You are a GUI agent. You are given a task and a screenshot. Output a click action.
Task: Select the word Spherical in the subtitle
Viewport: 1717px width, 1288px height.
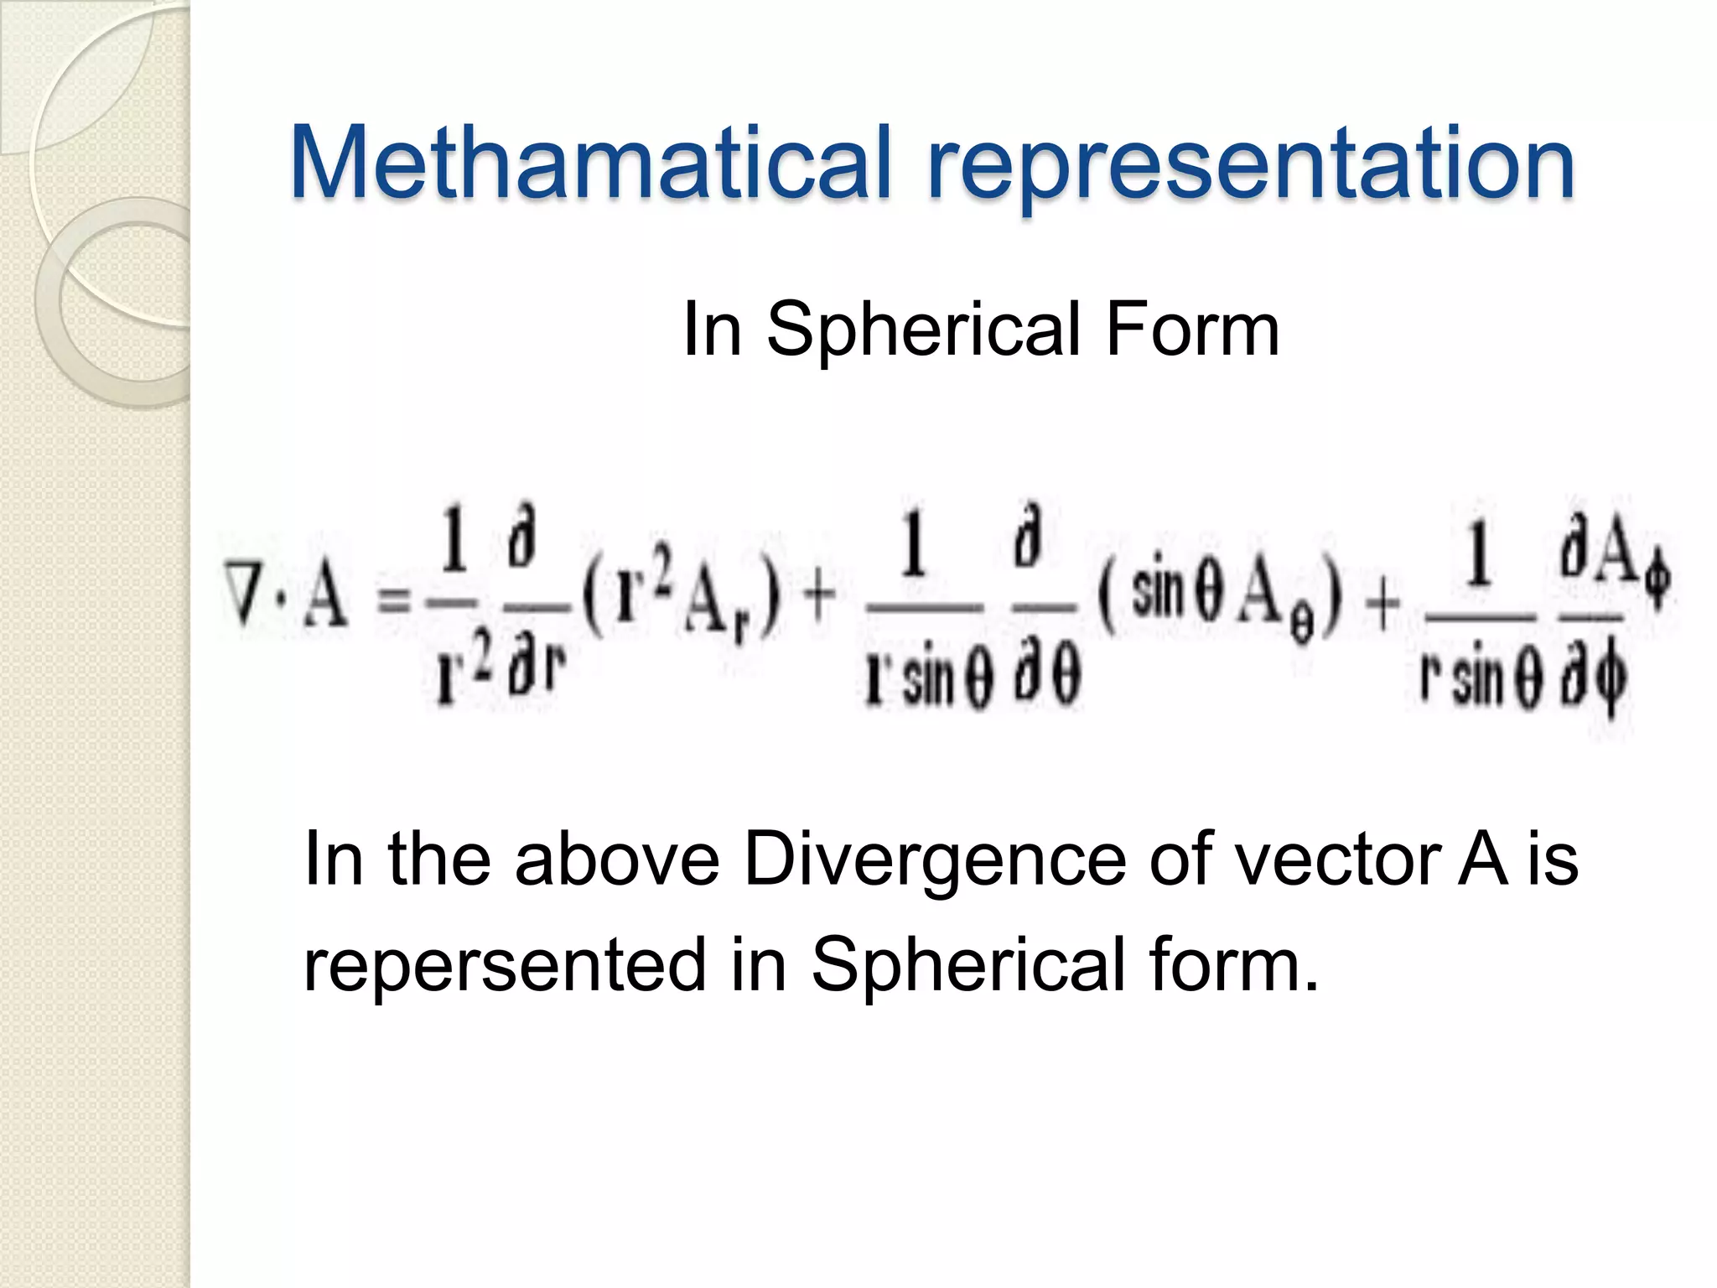(x=923, y=330)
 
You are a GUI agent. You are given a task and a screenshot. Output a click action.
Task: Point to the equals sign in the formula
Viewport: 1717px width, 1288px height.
(x=394, y=600)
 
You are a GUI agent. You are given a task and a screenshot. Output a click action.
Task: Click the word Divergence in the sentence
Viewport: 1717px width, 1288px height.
(x=935, y=859)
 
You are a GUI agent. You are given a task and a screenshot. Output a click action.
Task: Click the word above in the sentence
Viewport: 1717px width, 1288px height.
(x=617, y=859)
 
